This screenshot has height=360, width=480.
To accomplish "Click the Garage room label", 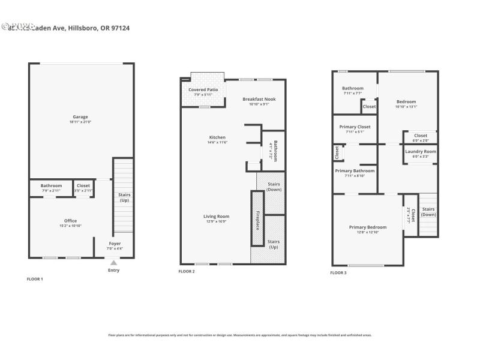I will point(80,116).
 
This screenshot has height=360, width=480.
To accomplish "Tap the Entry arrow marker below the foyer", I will point(113,263).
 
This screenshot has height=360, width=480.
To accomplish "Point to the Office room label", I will point(70,221).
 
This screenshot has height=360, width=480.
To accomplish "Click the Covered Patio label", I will point(203,89).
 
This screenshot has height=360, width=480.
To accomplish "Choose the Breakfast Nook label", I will point(259,99).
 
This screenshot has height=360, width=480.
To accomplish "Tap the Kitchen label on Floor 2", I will point(217,137).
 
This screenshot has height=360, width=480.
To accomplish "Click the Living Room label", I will point(217,217).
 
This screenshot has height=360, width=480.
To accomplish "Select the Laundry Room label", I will point(420,151).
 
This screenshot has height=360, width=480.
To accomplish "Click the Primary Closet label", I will point(355,127).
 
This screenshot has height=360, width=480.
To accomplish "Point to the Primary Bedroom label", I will point(368,227).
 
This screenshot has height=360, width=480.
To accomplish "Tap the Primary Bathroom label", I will point(355,170).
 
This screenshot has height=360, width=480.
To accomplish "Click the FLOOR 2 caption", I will point(187,271).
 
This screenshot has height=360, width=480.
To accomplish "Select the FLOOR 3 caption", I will point(338,272).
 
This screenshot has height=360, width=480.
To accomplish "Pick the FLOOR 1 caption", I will point(35,279).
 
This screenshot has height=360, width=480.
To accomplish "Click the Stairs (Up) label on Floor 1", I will point(124,197).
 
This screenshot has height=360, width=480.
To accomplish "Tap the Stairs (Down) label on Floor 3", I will point(428,212).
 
